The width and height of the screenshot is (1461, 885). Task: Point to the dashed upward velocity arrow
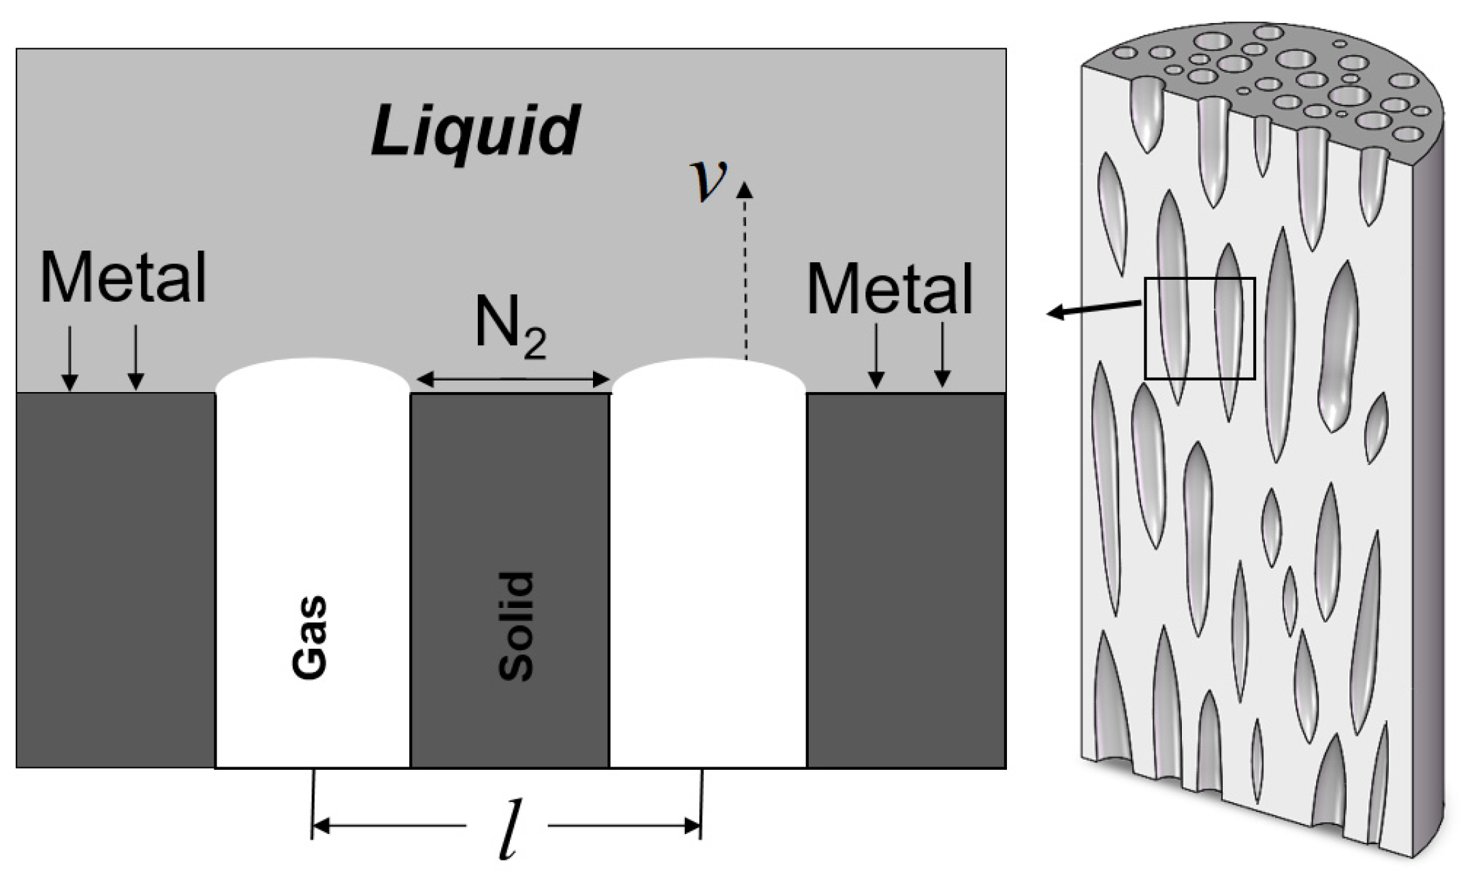click(x=745, y=272)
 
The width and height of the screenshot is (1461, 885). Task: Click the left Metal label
click(x=123, y=278)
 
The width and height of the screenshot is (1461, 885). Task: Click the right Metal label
click(x=890, y=289)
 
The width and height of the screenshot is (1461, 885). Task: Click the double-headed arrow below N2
click(x=513, y=379)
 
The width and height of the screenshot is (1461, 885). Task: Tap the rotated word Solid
click(x=516, y=626)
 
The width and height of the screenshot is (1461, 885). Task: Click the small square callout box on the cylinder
click(x=1200, y=328)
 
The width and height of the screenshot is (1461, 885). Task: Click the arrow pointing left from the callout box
click(x=1089, y=309)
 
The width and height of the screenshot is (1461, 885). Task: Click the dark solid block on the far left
click(x=116, y=579)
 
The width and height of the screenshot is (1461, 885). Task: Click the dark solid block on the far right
click(x=905, y=579)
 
